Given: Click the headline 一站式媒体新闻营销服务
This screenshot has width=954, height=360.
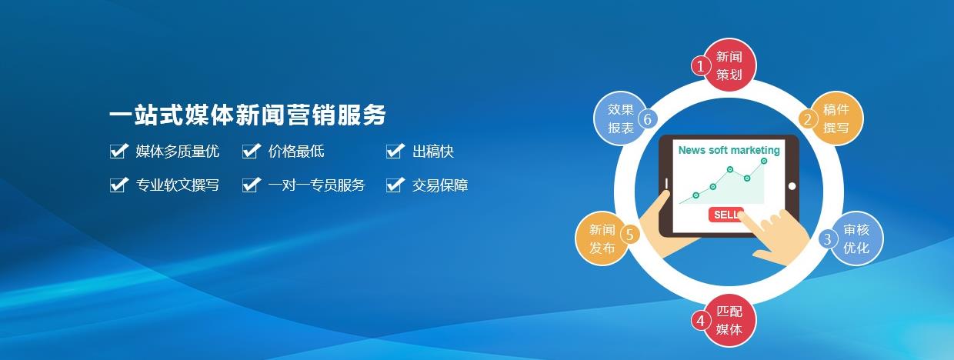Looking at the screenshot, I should coord(247,115).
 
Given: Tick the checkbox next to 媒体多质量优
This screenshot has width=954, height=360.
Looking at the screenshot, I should coord(118,152).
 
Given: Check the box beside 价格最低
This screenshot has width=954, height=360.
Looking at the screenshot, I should coord(250,152).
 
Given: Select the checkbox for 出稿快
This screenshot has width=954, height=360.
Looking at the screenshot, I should coord(395,152).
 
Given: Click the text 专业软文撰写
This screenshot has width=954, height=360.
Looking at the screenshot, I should coord(178,185).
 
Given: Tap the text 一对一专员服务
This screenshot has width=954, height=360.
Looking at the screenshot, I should coord(316,185).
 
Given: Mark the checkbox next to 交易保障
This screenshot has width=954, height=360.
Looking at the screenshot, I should coord(395,185).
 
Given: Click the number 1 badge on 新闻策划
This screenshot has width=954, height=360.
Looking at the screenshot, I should coord(700,66).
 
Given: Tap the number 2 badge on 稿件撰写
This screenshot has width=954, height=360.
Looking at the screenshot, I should coord(808,119).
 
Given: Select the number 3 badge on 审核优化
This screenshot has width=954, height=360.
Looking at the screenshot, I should coord(827,238).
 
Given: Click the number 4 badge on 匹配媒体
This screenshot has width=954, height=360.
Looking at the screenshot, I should coord(700,320).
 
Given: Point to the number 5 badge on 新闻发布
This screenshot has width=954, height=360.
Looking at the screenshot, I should coord(629,235).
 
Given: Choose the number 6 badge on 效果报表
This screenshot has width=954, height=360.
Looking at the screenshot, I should coord(647,119).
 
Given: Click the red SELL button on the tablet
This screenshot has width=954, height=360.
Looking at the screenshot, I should coord(726,215).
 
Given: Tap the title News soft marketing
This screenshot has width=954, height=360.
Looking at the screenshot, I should coord(729,151).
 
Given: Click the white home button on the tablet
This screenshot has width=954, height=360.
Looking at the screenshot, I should coord(792,185).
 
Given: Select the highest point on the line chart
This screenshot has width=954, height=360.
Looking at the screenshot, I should coord(764,161).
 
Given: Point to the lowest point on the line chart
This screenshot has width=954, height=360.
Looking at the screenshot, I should coord(695,195).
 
